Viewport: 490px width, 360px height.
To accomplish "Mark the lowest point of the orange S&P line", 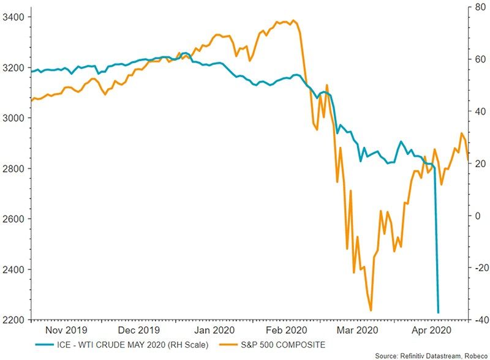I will point(371,310).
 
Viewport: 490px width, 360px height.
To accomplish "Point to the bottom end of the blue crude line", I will point(438,313).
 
